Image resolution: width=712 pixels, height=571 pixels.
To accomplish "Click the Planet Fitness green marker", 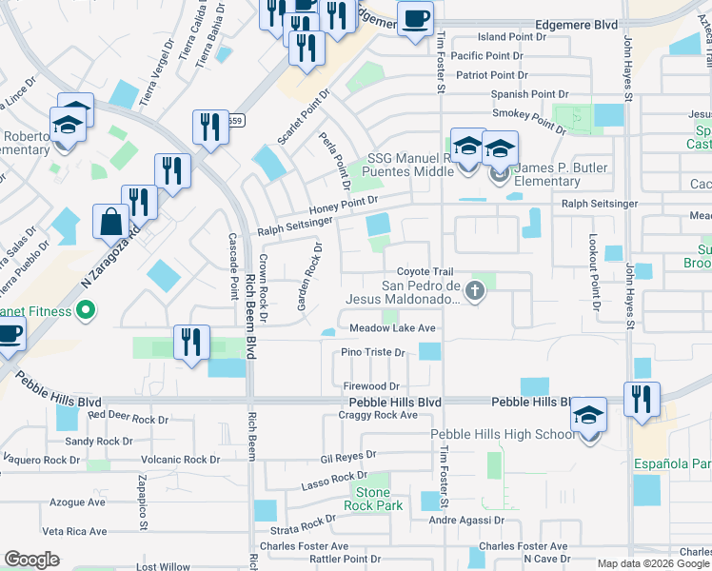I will point(85,310).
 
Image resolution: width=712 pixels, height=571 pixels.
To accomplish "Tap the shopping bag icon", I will point(111,222).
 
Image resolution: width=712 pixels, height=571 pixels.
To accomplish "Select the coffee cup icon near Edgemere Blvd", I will point(415,19).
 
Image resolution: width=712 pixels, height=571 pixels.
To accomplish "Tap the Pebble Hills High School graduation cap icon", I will point(588,416).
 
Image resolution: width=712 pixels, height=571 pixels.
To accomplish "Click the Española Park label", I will point(672,463).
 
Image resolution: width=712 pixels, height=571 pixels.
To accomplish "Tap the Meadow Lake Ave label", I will point(392,328).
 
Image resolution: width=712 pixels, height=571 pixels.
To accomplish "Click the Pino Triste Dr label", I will point(373,352).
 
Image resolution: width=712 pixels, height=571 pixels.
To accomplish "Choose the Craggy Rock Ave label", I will point(380,415).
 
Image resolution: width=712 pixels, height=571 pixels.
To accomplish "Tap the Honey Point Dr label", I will point(343,203).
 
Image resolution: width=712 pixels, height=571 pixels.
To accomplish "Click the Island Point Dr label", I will point(512,37).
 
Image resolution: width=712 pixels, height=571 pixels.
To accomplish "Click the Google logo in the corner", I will point(31,560).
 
